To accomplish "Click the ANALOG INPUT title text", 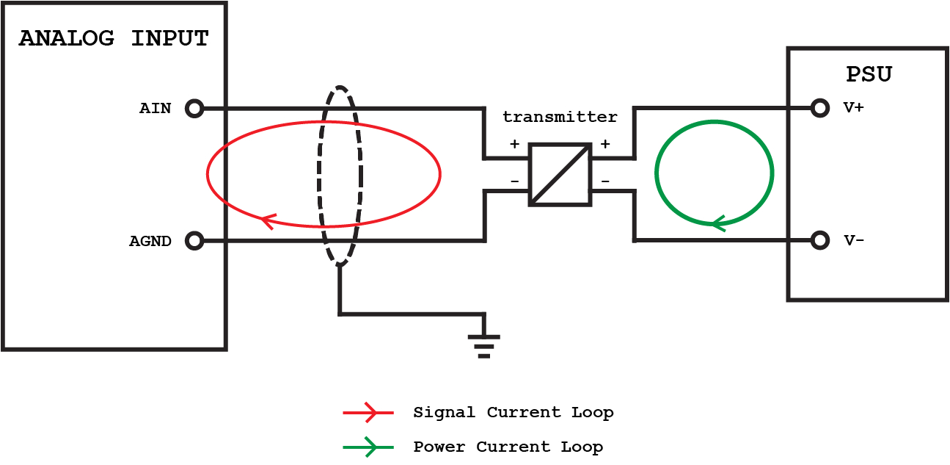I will click(x=114, y=38).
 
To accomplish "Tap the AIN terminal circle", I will click(x=194, y=109).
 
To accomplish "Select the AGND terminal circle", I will click(x=194, y=240).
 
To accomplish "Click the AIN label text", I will click(x=156, y=109).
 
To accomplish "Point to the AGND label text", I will click(x=150, y=241).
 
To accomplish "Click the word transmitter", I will click(x=560, y=117).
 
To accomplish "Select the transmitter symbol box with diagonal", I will click(x=560, y=174).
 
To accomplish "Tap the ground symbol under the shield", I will click(x=483, y=345).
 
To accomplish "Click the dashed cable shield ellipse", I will click(x=359, y=176).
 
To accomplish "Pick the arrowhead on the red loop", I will click(x=268, y=220).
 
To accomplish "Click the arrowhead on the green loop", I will click(x=718, y=222).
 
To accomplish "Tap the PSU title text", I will click(x=869, y=74).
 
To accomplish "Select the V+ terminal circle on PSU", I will click(x=821, y=109).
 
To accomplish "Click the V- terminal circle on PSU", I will click(x=821, y=240).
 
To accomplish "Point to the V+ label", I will click(x=853, y=108).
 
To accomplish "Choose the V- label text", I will click(x=853, y=240).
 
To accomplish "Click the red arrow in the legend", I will click(x=368, y=413).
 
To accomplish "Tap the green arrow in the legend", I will click(x=368, y=447).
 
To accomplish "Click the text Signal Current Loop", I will click(x=513, y=413).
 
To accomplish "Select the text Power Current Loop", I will click(x=508, y=447).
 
